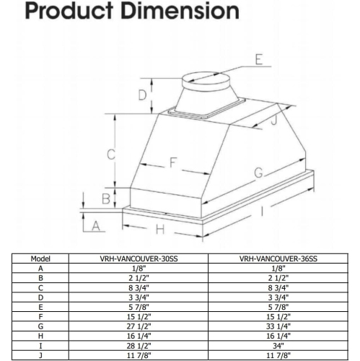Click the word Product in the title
coord(50,12)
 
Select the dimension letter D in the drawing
coord(143,95)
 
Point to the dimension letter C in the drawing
coord(110,154)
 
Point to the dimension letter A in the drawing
coord(95,226)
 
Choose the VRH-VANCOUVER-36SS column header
coord(278,258)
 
